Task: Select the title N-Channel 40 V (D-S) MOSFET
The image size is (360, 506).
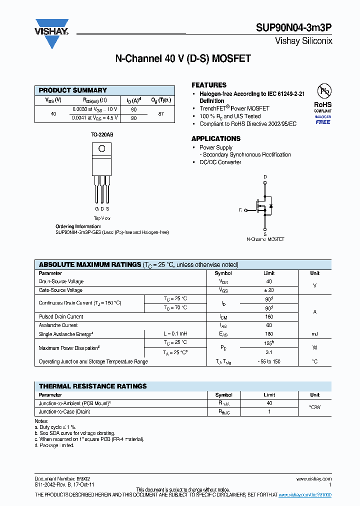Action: (x=183, y=59)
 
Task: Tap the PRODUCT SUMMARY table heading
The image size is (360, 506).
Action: (x=73, y=90)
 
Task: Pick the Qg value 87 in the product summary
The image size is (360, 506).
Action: (x=161, y=113)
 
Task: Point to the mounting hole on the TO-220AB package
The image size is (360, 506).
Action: (x=102, y=148)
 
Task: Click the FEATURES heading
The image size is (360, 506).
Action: (x=209, y=85)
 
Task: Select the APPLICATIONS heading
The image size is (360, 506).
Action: (x=216, y=138)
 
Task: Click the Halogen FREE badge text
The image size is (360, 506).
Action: (x=323, y=121)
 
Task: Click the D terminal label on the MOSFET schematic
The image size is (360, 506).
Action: (x=265, y=177)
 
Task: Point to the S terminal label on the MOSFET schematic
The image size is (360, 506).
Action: (x=265, y=233)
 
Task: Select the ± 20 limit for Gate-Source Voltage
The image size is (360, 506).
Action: (x=269, y=290)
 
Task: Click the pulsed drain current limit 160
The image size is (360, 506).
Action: (x=269, y=316)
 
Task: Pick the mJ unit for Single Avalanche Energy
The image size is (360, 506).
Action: (x=314, y=333)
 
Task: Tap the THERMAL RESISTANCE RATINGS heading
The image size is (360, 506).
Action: (x=93, y=386)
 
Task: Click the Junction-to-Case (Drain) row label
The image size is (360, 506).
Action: (x=64, y=411)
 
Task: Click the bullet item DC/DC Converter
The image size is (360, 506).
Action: (x=220, y=162)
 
